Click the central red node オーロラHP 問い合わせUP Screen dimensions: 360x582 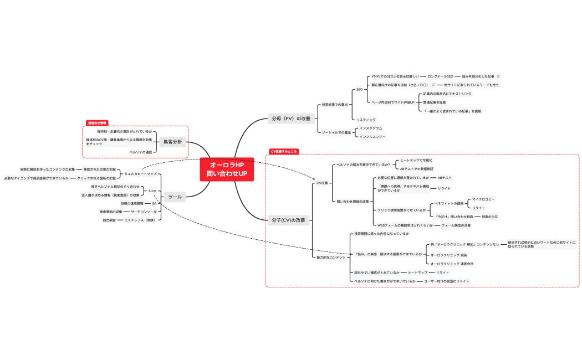[x=227, y=169]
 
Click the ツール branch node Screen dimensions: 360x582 [x=175, y=197]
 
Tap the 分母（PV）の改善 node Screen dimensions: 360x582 [x=291, y=118]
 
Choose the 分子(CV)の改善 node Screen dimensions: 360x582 [x=288, y=220]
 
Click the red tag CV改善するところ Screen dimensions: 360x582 [x=284, y=151]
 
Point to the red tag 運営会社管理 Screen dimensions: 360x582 [x=97, y=122]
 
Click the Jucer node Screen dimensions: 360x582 [x=152, y=191]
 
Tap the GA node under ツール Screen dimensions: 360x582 [x=154, y=203]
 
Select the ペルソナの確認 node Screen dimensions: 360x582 [x=141, y=152]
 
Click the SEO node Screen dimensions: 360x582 [x=359, y=89]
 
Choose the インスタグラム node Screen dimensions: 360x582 [x=371, y=128]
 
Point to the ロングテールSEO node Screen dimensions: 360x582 [x=440, y=76]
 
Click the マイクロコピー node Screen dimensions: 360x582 [x=483, y=199]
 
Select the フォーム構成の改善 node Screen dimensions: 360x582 [x=456, y=225]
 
